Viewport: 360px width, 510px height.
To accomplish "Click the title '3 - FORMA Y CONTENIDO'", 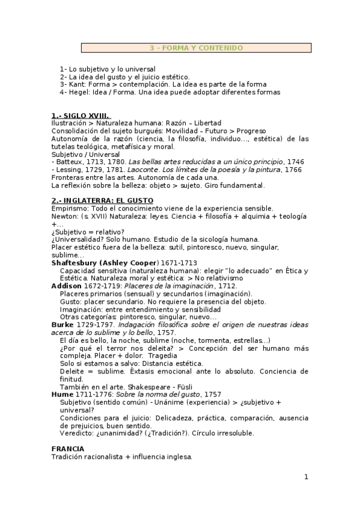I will click(196, 48).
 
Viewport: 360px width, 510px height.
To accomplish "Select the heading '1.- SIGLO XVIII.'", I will click(81, 115).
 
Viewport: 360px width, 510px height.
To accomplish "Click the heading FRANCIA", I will click(68, 449).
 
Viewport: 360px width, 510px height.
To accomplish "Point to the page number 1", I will click(306, 477).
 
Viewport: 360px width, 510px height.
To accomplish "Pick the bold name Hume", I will click(63, 394).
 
